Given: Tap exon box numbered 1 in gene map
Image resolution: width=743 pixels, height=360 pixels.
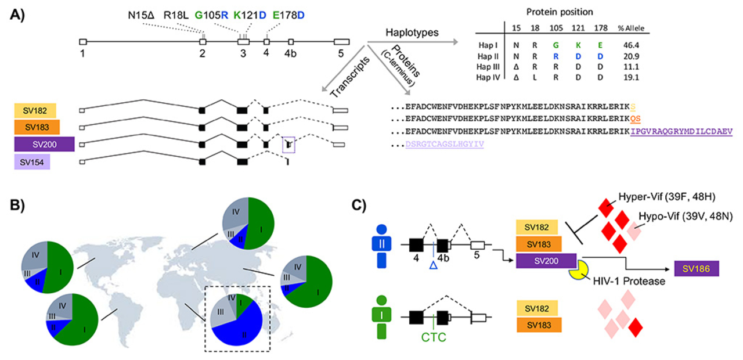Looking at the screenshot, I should [x=82, y=42].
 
